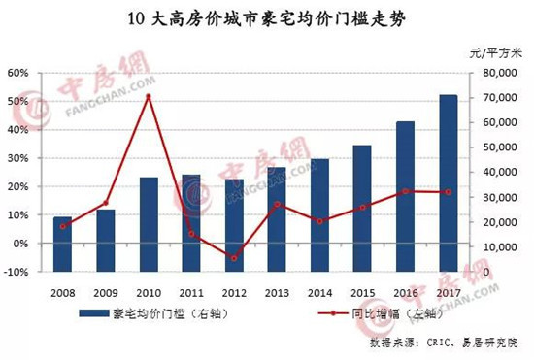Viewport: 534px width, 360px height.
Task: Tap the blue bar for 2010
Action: [148, 225]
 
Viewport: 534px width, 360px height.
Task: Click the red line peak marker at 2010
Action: [148, 96]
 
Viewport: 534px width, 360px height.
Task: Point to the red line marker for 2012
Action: [234, 258]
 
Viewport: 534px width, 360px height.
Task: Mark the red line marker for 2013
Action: [277, 204]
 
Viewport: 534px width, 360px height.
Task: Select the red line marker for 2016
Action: [405, 191]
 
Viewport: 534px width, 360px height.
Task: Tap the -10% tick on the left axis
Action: [17, 273]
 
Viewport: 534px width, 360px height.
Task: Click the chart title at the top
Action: [267, 17]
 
